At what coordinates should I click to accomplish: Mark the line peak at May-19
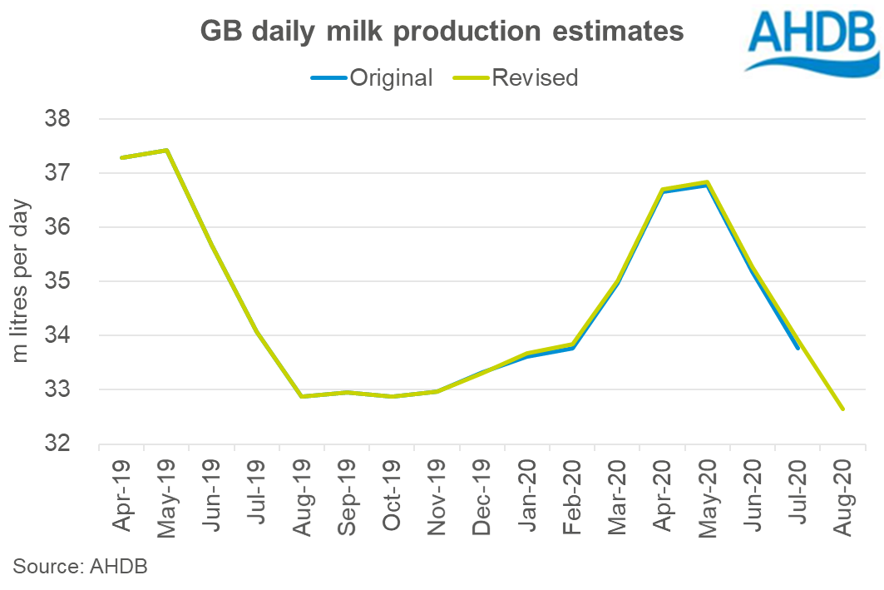166,151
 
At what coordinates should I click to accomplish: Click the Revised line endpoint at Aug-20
843,409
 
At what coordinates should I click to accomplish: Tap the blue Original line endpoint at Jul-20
798,348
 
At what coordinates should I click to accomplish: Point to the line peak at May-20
708,182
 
